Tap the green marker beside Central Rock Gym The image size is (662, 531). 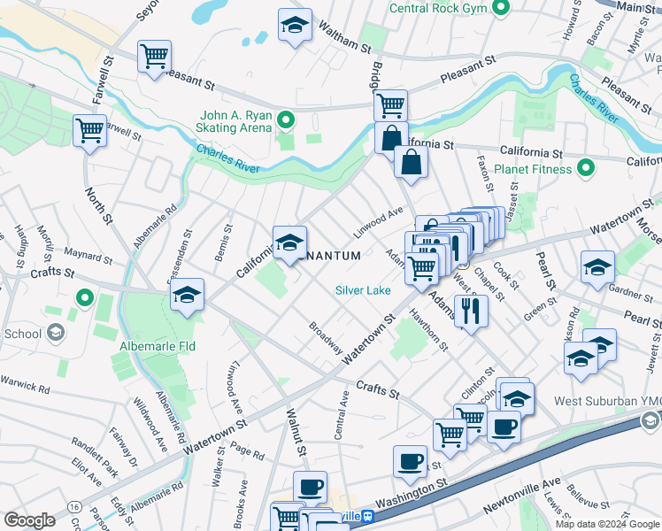click(501, 8)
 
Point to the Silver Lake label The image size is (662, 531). click(363, 290)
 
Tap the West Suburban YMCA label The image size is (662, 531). click(607, 400)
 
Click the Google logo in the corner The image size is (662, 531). click(29, 520)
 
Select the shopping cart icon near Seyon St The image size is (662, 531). click(154, 57)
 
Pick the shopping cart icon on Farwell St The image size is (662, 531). click(89, 131)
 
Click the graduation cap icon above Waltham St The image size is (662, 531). click(295, 25)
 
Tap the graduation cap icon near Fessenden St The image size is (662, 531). click(187, 296)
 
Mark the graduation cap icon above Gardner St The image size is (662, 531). click(597, 267)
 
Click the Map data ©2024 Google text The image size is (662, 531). click(606, 524)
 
